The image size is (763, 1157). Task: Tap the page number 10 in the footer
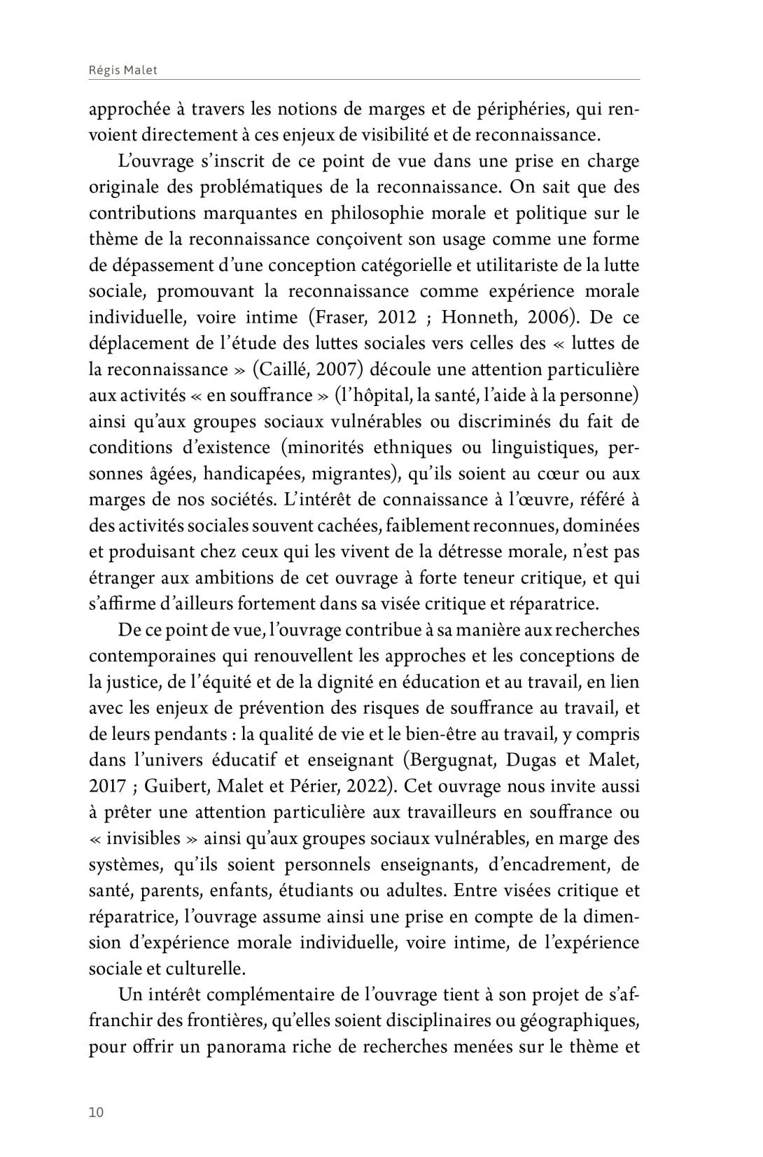point(96,1113)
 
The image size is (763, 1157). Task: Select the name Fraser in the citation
point(342,317)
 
